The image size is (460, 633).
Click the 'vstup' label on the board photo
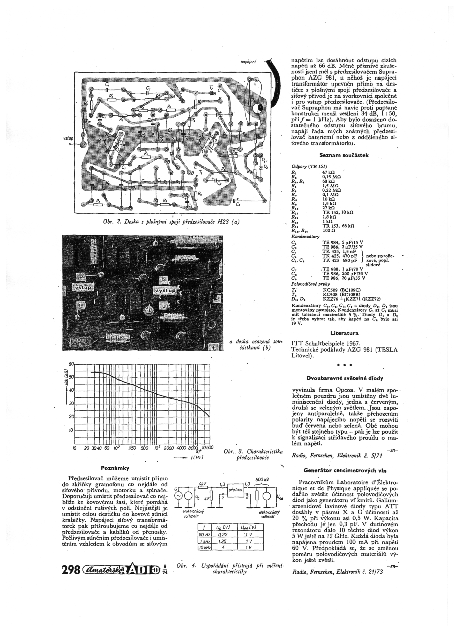(x=83, y=288)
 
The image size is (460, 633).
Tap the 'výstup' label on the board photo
(x=165, y=291)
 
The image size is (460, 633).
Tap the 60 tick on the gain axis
(x=71, y=364)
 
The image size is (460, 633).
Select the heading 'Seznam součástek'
(x=344, y=155)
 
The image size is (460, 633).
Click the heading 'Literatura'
(x=344, y=333)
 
